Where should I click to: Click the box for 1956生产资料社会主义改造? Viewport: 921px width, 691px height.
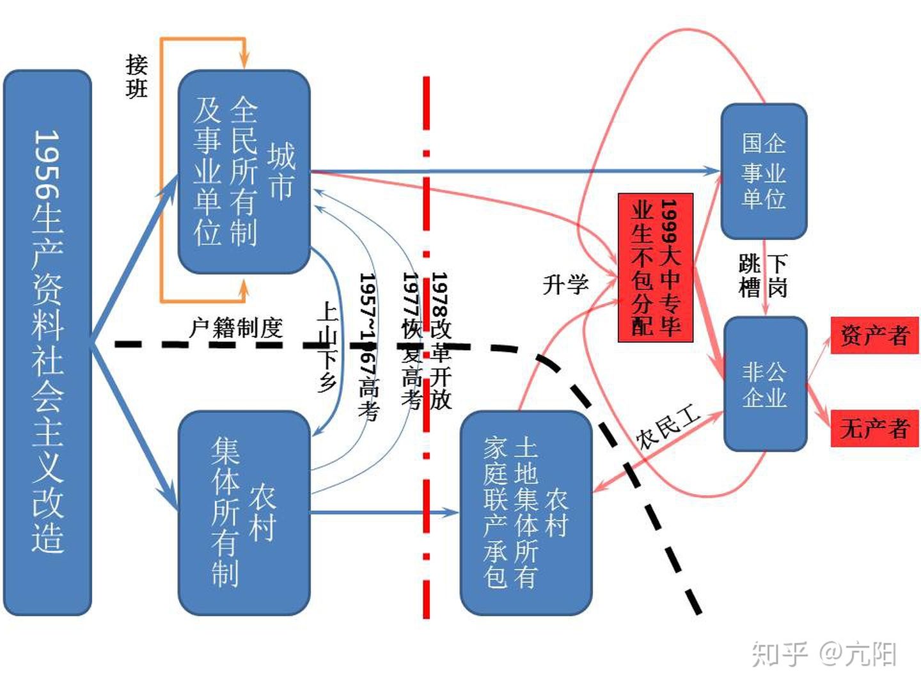(x=48, y=342)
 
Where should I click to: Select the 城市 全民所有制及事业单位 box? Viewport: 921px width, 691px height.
(x=244, y=171)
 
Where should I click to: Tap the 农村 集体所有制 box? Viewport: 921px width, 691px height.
(x=244, y=512)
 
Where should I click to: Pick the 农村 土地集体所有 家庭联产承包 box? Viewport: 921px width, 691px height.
(x=526, y=512)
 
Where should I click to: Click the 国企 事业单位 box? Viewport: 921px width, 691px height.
(x=764, y=171)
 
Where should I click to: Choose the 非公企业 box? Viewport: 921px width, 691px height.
(x=765, y=384)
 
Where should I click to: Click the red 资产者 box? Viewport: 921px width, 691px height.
(x=874, y=335)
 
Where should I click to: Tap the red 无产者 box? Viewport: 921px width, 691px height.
(x=874, y=427)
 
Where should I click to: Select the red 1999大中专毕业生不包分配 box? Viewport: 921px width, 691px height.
(x=656, y=267)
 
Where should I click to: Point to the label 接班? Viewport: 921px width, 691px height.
(x=136, y=76)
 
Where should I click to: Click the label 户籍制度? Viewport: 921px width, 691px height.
(x=236, y=328)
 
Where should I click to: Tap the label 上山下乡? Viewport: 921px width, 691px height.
(x=327, y=346)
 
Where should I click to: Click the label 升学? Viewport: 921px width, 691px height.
(x=565, y=284)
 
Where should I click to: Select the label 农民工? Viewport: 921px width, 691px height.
(x=668, y=427)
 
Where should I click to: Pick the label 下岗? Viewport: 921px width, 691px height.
(x=778, y=275)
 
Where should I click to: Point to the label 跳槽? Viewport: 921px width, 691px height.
(x=749, y=275)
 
